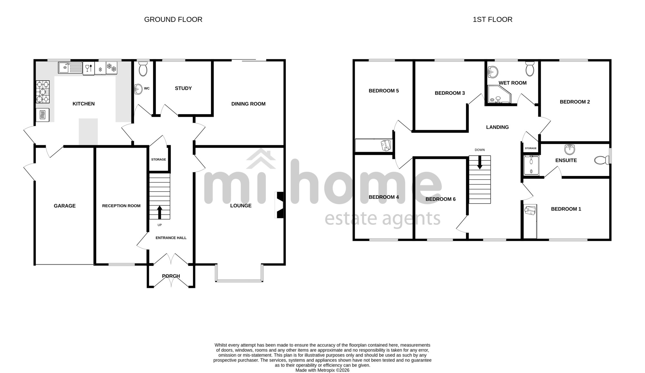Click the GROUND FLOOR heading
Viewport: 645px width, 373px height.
point(173,19)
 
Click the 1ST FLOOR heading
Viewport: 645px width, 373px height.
point(492,19)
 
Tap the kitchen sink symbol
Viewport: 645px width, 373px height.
point(70,68)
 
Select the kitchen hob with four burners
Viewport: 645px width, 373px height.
point(43,92)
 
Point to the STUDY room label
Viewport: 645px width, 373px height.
point(183,88)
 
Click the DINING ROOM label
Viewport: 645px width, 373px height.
point(248,104)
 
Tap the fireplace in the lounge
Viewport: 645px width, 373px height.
point(279,205)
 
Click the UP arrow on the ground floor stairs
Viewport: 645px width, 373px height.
point(160,213)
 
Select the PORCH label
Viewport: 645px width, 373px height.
point(171,276)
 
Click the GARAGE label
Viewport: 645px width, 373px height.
point(65,206)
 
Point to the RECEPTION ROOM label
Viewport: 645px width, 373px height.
point(121,206)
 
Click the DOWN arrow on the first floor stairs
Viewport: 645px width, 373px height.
point(480,162)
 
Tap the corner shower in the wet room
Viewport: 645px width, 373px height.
point(499,94)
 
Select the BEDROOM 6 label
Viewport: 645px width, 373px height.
point(441,199)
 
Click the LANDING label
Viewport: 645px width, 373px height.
point(497,127)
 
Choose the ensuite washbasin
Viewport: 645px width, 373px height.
point(570,149)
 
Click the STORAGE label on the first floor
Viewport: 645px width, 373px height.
point(531,148)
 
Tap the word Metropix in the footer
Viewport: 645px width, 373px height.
point(329,370)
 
